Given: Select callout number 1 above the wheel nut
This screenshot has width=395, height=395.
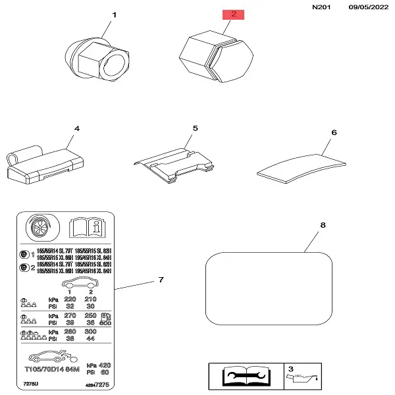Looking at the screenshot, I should [113, 14].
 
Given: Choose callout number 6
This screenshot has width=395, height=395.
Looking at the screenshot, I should [334, 132].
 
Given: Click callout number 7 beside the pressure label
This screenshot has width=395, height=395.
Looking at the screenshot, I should [160, 280].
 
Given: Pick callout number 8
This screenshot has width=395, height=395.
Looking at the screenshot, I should [323, 226].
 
